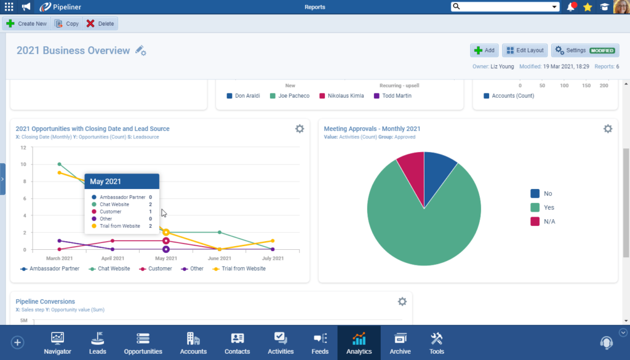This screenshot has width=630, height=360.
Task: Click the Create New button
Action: tap(26, 23)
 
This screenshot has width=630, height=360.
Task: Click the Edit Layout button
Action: tap(524, 50)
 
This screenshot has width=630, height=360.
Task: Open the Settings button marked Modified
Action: tap(584, 50)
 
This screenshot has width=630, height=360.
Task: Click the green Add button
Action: tap(484, 50)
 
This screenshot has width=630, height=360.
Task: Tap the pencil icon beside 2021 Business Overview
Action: tap(140, 50)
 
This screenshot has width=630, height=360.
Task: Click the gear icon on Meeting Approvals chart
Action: tap(607, 129)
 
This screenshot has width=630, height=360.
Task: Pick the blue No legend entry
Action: tap(541, 194)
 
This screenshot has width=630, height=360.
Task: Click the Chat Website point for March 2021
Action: tap(60, 164)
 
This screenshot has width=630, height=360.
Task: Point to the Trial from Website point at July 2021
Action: tap(273, 241)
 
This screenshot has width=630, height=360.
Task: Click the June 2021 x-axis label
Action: tap(219, 258)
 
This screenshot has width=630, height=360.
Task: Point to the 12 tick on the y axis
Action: tap(23, 148)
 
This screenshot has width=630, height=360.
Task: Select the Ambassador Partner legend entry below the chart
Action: tap(50, 269)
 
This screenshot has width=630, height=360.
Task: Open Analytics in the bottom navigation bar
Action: tap(359, 343)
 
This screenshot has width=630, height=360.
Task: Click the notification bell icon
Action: tap(572, 7)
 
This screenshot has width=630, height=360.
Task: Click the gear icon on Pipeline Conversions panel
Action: tap(402, 302)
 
